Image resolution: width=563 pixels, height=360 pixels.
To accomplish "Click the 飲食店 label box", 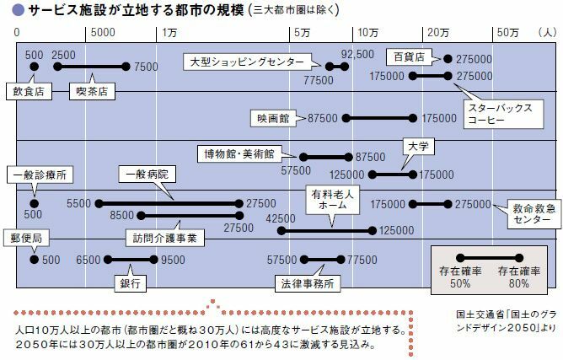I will (x=29, y=88).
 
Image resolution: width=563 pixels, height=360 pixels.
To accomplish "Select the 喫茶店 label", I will (x=88, y=88).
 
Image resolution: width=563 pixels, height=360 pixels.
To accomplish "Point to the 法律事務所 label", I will (x=303, y=283).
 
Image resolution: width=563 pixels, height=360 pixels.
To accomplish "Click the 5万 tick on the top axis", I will (x=303, y=31).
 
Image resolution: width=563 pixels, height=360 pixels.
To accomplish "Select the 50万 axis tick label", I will (x=507, y=31).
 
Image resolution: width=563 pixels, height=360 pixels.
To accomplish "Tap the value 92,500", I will (x=357, y=54).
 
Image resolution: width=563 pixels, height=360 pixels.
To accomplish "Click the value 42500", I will (x=280, y=218).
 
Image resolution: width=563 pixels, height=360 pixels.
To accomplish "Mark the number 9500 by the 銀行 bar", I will (x=173, y=260).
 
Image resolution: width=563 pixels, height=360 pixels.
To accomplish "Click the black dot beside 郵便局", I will (x=34, y=260).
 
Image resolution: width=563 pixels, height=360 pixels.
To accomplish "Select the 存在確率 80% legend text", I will (x=516, y=278).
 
